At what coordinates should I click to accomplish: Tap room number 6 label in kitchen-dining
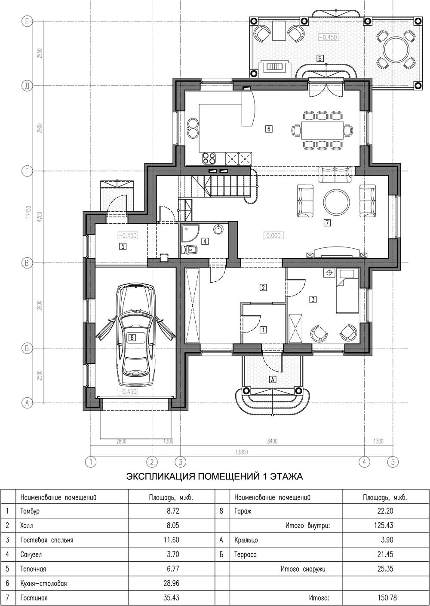[x=269, y=129]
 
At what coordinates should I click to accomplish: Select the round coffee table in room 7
[x=336, y=201]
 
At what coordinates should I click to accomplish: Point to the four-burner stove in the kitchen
[x=209, y=158]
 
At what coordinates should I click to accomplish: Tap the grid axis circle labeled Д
[x=27, y=86]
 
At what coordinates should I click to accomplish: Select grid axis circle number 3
[x=180, y=462]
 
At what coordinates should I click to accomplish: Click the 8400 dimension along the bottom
[x=272, y=441]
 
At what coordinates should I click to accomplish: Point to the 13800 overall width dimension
[x=242, y=452]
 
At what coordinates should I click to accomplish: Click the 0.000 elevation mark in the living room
[x=273, y=235]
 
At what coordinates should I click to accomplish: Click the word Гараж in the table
[x=243, y=511]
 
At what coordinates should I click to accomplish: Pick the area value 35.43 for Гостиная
[x=172, y=597]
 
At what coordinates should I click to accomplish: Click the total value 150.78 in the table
[x=385, y=597]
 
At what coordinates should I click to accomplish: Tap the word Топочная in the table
[x=33, y=569]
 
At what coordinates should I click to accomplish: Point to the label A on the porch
[x=273, y=379]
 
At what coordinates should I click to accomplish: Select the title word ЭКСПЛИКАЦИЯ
[x=160, y=476]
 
